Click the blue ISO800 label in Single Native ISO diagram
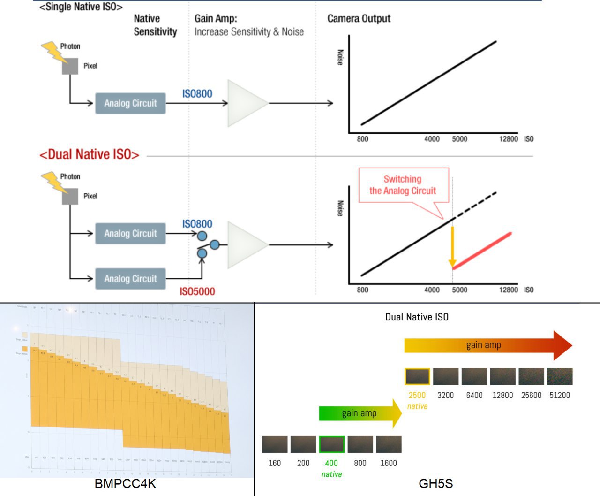(x=197, y=94)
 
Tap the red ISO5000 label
(x=197, y=291)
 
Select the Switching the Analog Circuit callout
(x=403, y=185)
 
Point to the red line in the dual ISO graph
(x=482, y=251)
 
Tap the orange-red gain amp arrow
(x=487, y=345)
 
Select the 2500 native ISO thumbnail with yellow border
(x=417, y=377)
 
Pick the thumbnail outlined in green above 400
(x=331, y=444)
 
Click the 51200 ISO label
(x=559, y=395)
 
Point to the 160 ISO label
(x=274, y=463)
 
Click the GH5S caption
(x=435, y=484)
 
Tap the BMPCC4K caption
(x=125, y=484)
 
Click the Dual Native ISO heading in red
(x=89, y=154)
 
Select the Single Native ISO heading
(x=81, y=7)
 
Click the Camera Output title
(x=359, y=19)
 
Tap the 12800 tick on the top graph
(x=508, y=139)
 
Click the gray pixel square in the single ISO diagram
(x=70, y=66)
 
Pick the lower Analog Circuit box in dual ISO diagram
(x=130, y=279)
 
